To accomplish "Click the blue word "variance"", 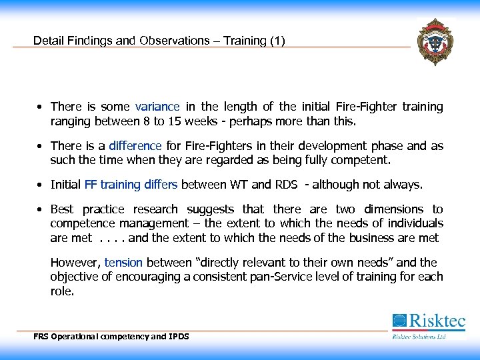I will tap(157, 107).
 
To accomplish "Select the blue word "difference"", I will tap(136, 146).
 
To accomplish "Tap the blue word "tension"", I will tap(124, 262).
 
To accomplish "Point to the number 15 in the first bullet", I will tap(175, 122).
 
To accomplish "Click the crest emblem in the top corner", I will tap(435, 42).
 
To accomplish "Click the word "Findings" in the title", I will tap(93, 41).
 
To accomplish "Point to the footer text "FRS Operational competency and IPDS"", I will tap(111, 337).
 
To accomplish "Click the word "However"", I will tap(75, 262).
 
